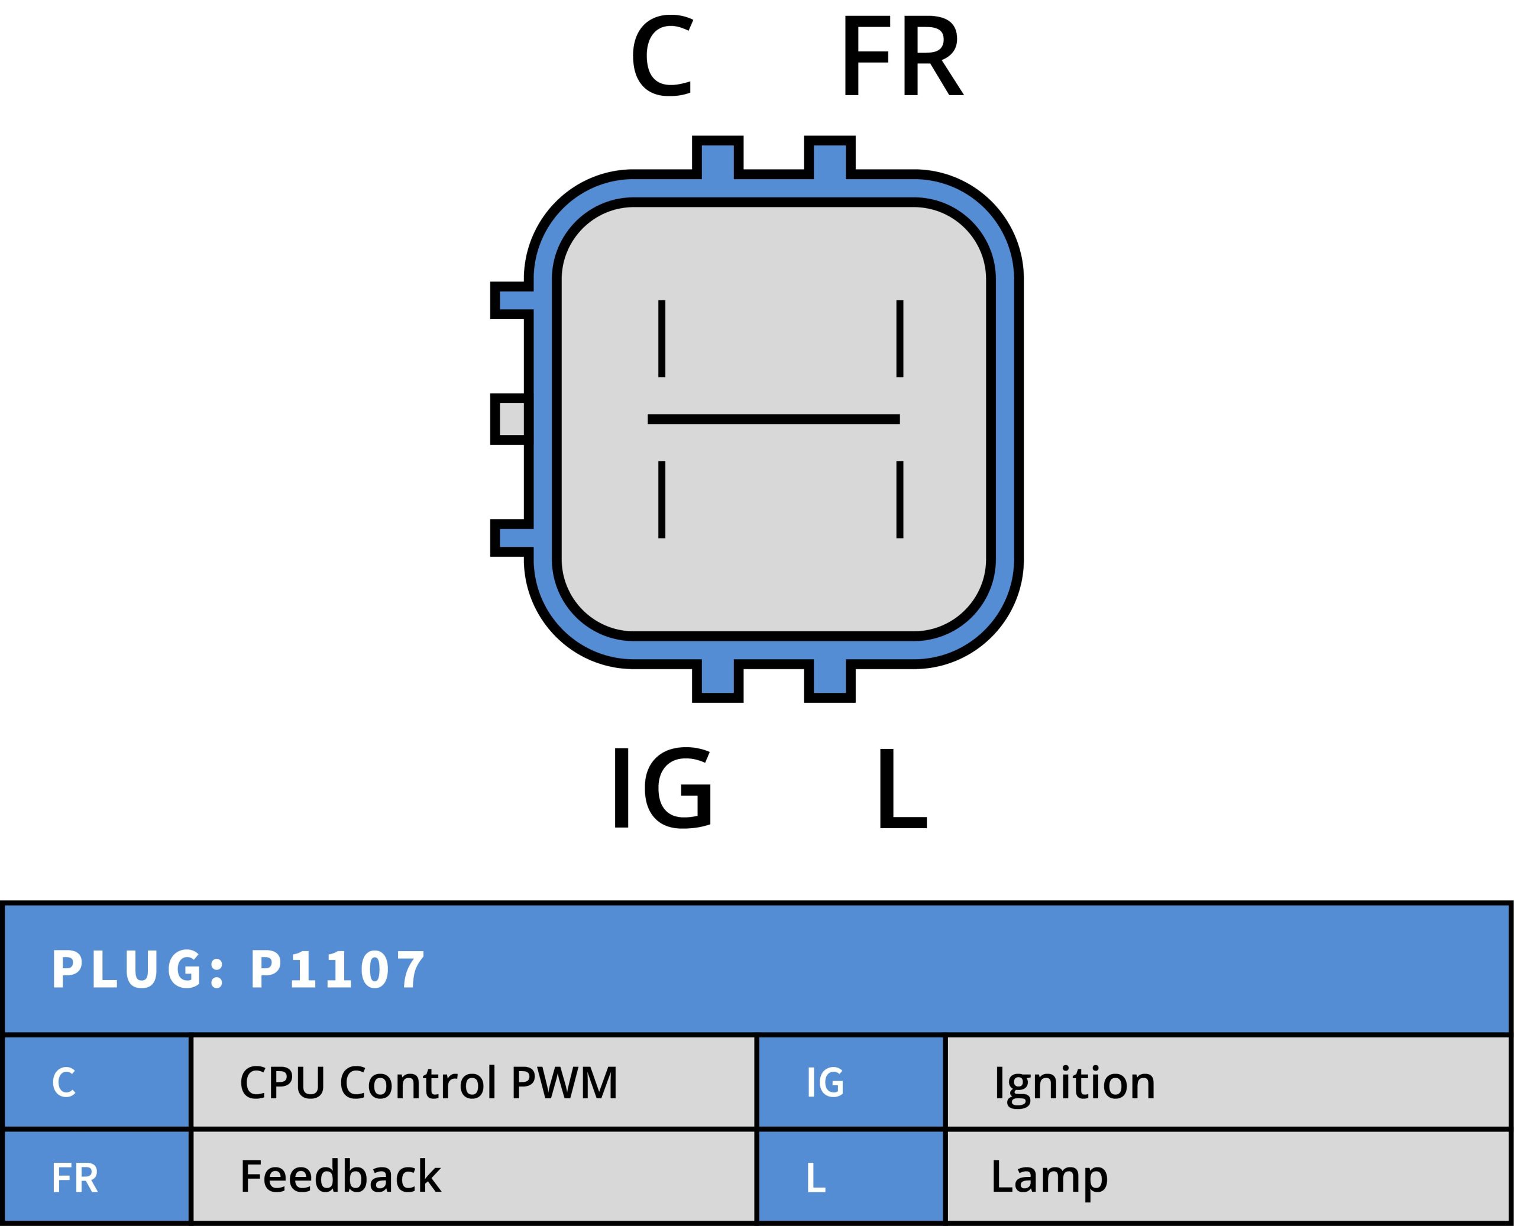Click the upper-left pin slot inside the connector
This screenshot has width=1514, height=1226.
tap(661, 338)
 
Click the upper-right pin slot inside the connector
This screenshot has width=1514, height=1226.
tap(900, 338)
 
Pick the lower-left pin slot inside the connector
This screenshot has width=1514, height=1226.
tap(661, 500)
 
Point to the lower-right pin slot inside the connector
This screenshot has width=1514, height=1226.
tap(900, 500)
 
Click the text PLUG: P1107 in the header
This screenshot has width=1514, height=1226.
tap(238, 969)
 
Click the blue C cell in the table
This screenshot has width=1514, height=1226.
tap(97, 1082)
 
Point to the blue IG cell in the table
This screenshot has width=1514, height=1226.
tap(850, 1082)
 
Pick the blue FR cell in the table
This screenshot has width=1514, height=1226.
tap(97, 1176)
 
